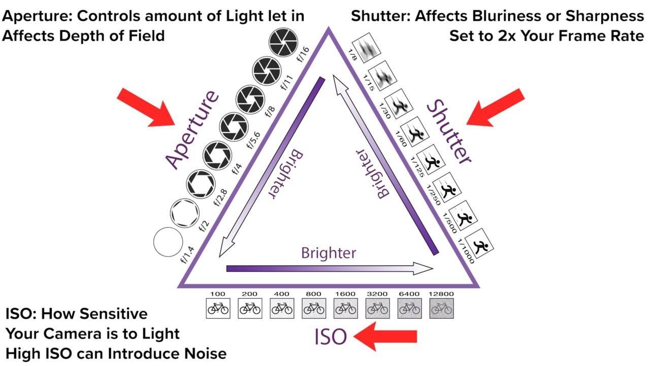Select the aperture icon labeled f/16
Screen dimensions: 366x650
point(285,42)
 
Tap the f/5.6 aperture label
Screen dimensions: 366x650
point(253,138)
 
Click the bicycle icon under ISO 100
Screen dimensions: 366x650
point(218,308)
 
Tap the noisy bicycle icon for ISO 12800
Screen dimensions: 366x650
point(442,308)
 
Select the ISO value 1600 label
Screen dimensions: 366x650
point(345,294)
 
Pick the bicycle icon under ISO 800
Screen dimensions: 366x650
point(314,308)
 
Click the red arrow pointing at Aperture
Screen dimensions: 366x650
point(145,107)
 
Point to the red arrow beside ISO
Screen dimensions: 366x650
point(385,337)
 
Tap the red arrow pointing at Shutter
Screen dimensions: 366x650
point(496,107)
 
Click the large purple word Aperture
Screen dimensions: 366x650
point(192,130)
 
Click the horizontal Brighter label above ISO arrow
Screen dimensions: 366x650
point(329,253)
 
